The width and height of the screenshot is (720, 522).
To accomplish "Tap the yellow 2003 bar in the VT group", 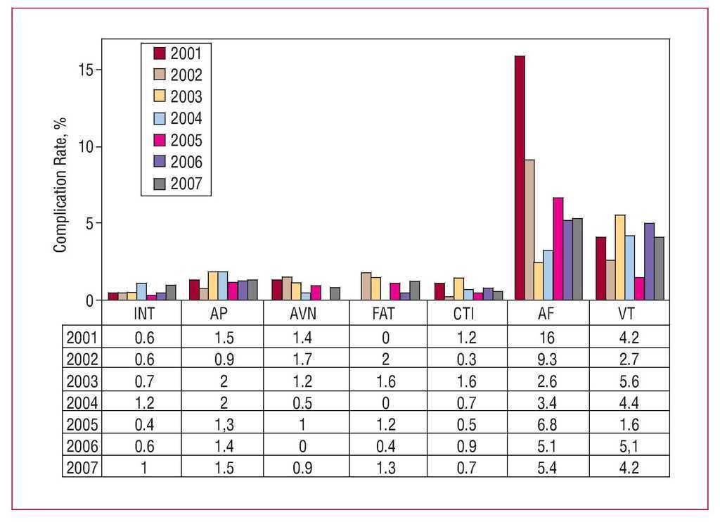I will coord(619,257).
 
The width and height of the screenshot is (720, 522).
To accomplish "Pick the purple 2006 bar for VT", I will coord(649,262).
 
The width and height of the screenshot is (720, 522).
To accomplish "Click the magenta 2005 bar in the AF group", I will coord(558,249).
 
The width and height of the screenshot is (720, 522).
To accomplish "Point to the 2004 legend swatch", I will coord(160,117).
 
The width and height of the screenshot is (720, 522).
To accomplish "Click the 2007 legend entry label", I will coord(186,184).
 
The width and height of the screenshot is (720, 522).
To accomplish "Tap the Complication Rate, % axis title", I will coord(60,185).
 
